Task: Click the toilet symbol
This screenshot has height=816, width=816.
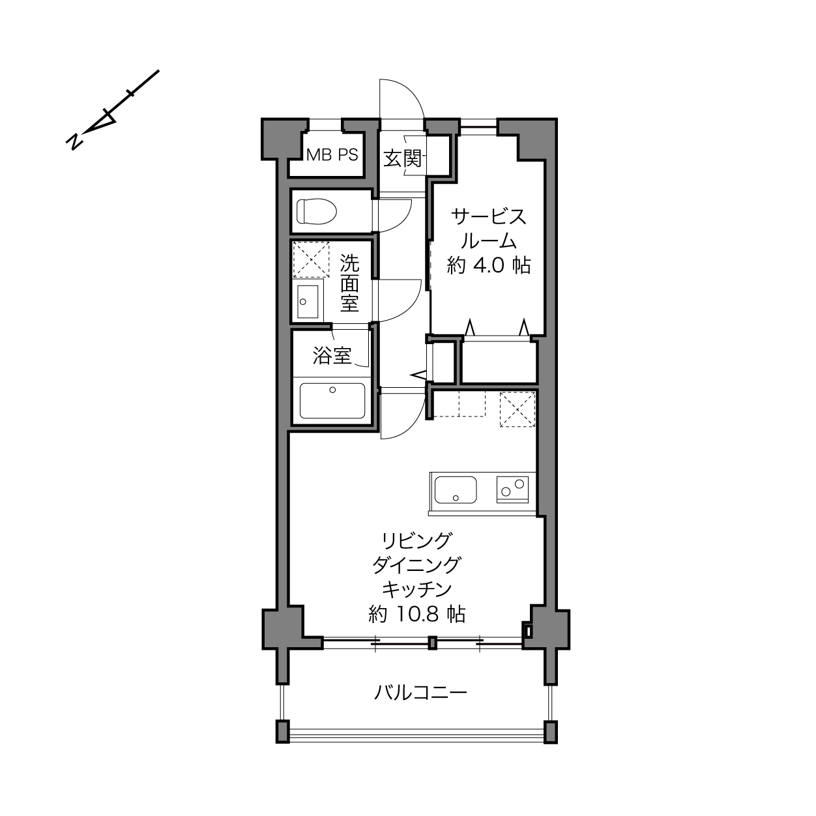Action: coord(316,211)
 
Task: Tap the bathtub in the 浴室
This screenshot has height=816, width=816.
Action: coord(332,400)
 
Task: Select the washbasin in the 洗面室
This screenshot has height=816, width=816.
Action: coord(308,302)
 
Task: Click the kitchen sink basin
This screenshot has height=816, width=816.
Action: coord(456,490)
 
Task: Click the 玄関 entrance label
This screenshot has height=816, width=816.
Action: coord(403,159)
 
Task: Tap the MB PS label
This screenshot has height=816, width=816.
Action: coord(332,155)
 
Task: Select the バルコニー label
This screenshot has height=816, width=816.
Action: coord(420,693)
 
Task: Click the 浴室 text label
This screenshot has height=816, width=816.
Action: coord(332,356)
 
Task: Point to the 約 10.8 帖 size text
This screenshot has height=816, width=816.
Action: coord(417,614)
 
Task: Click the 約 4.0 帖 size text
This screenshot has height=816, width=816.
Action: coord(489,266)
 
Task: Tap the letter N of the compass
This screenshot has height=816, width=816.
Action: coord(74,141)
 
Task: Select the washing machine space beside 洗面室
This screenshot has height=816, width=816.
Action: coord(312,259)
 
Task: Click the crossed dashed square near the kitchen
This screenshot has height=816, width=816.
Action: coord(517,409)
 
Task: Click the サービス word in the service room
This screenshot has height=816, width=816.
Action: coord(489,217)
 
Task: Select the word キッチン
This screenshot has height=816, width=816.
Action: coord(417,589)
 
